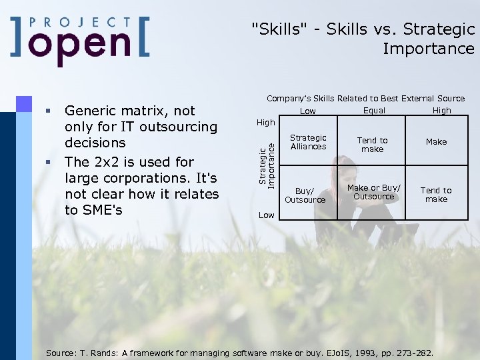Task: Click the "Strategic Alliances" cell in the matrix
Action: pyautogui.click(x=308, y=142)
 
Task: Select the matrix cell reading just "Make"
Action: pyautogui.click(x=436, y=142)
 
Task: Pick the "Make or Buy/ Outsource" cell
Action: pyautogui.click(x=373, y=193)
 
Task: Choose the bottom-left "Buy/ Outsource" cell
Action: pyautogui.click(x=305, y=195)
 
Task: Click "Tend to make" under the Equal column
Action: pyautogui.click(x=372, y=145)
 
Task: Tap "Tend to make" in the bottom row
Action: pyautogui.click(x=436, y=195)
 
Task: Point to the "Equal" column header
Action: pyautogui.click(x=374, y=111)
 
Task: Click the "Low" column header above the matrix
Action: pyautogui.click(x=308, y=111)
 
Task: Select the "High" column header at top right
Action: pyautogui.click(x=441, y=111)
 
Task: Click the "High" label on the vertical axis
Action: pyautogui.click(x=266, y=123)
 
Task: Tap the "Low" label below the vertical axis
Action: pyautogui.click(x=266, y=215)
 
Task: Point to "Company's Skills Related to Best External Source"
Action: pyautogui.click(x=365, y=99)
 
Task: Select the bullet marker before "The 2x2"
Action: pyautogui.click(x=48, y=162)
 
